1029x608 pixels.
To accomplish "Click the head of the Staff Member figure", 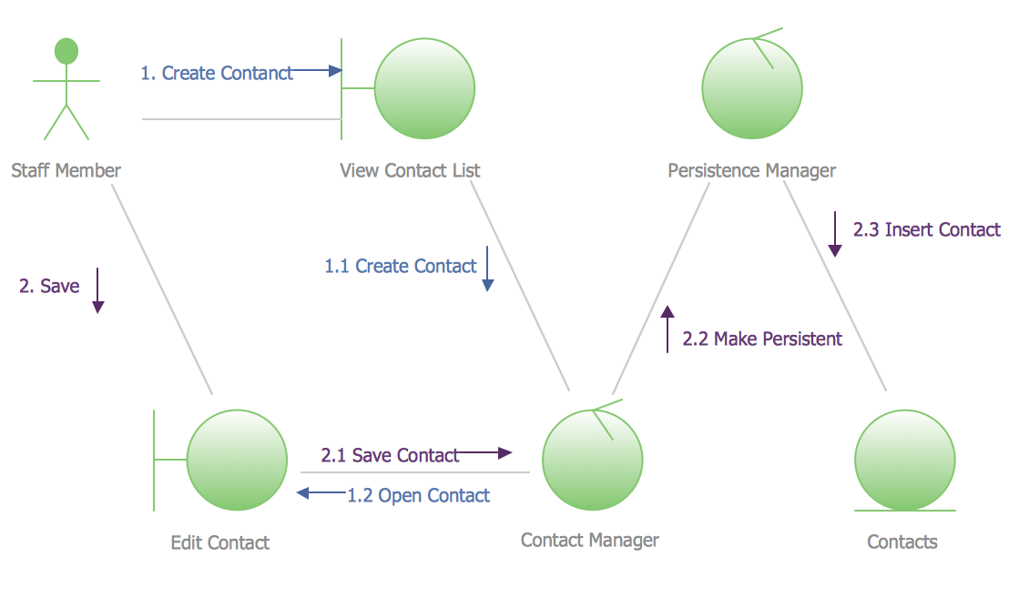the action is pyautogui.click(x=66, y=51).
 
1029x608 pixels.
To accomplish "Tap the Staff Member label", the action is pyautogui.click(x=66, y=170).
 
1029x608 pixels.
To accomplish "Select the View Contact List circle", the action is pyautogui.click(x=424, y=88).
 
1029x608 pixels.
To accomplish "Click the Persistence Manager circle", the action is pyautogui.click(x=752, y=88).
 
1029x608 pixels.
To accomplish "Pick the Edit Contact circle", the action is pyautogui.click(x=237, y=461).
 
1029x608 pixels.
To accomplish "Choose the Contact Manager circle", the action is pyautogui.click(x=593, y=461).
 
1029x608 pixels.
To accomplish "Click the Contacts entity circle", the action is pyautogui.click(x=905, y=461).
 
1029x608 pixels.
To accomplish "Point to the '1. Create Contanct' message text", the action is pyautogui.click(x=217, y=73).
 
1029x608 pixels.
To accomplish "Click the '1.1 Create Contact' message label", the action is pyautogui.click(x=401, y=267).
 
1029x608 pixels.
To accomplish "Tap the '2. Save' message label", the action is pyautogui.click(x=49, y=286).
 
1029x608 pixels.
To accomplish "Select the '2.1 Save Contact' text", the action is pyautogui.click(x=390, y=455).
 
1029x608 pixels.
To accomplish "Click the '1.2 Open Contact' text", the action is pyautogui.click(x=418, y=495).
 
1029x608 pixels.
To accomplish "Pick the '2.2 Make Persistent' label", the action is pyautogui.click(x=762, y=339).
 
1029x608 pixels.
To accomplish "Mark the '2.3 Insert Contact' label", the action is pyautogui.click(x=927, y=229).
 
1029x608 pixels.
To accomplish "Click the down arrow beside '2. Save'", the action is pyautogui.click(x=97, y=290).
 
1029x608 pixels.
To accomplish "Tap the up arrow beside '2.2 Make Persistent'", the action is pyautogui.click(x=667, y=329).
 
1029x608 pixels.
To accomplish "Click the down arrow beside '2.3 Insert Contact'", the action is pyautogui.click(x=835, y=234).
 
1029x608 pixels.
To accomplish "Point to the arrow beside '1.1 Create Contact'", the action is pyautogui.click(x=487, y=269).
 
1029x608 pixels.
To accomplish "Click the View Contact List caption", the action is pyautogui.click(x=410, y=170).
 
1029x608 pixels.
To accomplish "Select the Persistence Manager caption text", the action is pyautogui.click(x=752, y=170).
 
